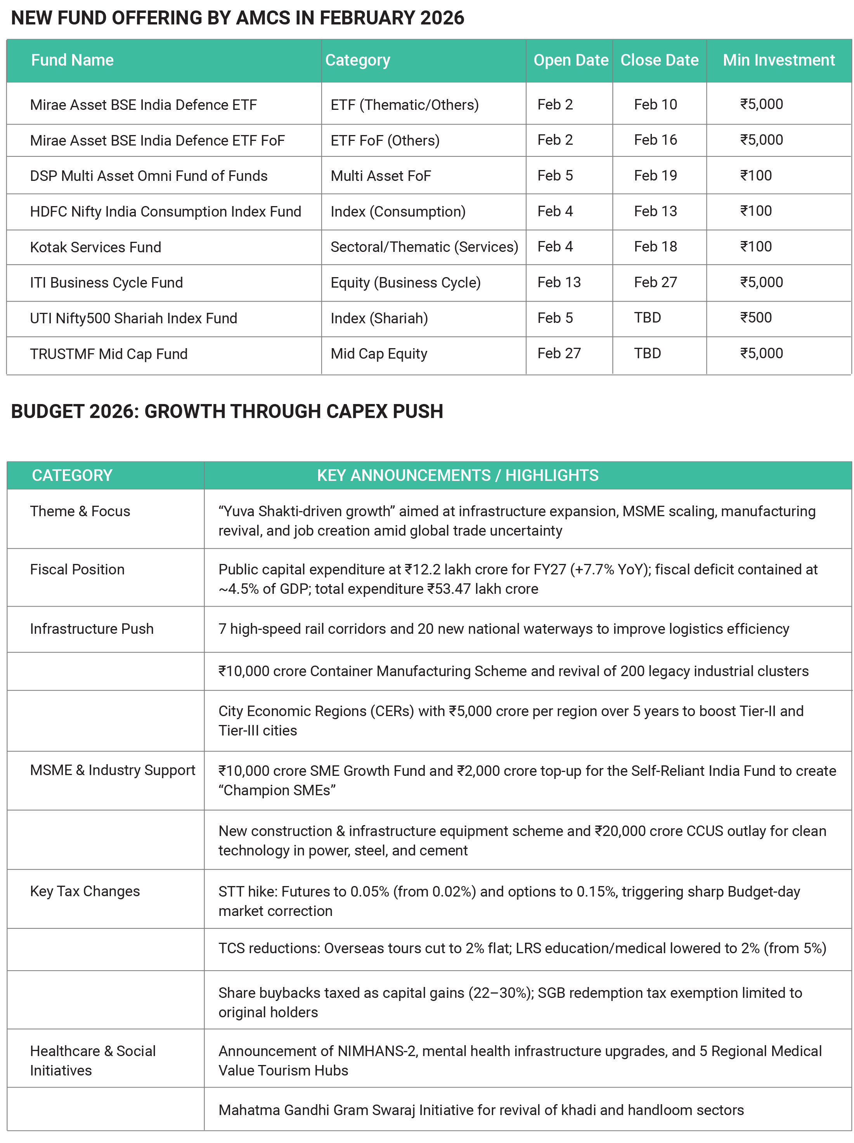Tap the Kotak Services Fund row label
pyautogui.click(x=95, y=247)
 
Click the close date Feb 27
pyautogui.click(x=655, y=282)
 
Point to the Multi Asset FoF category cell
pyautogui.click(x=380, y=176)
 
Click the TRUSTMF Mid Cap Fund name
pyautogui.click(x=109, y=354)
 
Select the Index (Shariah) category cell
pyautogui.click(x=379, y=318)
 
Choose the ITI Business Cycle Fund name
pyautogui.click(x=106, y=283)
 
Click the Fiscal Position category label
pyautogui.click(x=77, y=569)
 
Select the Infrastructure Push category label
pyautogui.click(x=92, y=628)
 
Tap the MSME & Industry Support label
pyautogui.click(x=112, y=770)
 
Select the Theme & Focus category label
pyautogui.click(x=80, y=511)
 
